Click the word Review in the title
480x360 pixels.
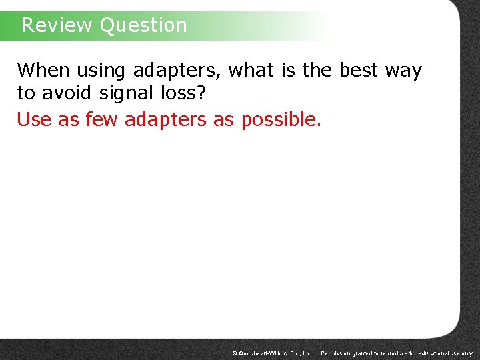coord(57,25)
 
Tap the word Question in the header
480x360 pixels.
coord(143,25)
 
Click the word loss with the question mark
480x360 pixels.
coord(182,93)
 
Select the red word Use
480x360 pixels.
coord(33,120)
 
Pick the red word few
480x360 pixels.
coord(103,120)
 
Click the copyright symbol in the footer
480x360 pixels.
coord(235,353)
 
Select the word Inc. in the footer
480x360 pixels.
coord(306,353)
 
